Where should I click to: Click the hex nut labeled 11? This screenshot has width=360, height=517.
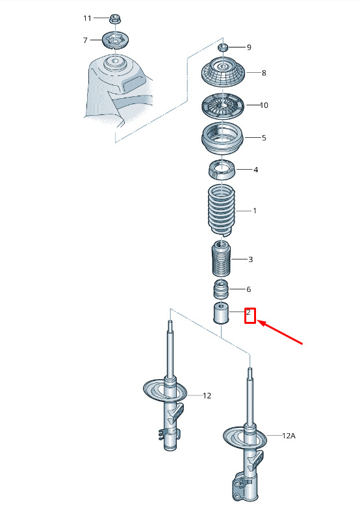click(x=114, y=19)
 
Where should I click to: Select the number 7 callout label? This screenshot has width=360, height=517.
click(x=85, y=40)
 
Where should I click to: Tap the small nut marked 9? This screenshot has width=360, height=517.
click(x=223, y=47)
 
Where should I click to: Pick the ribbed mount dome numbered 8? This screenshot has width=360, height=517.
click(x=223, y=72)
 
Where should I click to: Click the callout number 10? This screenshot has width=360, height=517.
click(x=264, y=105)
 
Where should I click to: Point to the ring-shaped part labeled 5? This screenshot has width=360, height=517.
click(x=222, y=138)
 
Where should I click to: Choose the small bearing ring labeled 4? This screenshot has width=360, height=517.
click(x=222, y=169)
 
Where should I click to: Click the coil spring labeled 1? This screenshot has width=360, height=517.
click(x=222, y=210)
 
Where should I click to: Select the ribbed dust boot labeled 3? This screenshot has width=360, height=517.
click(x=221, y=259)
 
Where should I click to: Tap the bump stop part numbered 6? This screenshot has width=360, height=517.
click(x=221, y=289)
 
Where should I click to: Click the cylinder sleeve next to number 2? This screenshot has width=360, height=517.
click(x=221, y=313)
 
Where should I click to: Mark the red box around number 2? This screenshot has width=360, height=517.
click(x=250, y=315)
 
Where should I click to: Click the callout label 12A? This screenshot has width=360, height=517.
click(x=289, y=436)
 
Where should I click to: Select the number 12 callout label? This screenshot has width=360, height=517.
click(x=207, y=395)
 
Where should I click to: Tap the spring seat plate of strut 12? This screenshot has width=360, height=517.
click(x=165, y=390)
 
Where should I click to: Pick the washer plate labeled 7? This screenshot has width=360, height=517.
click(x=115, y=40)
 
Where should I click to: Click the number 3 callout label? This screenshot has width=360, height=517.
click(x=250, y=259)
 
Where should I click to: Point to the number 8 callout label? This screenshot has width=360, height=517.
click(x=263, y=73)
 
